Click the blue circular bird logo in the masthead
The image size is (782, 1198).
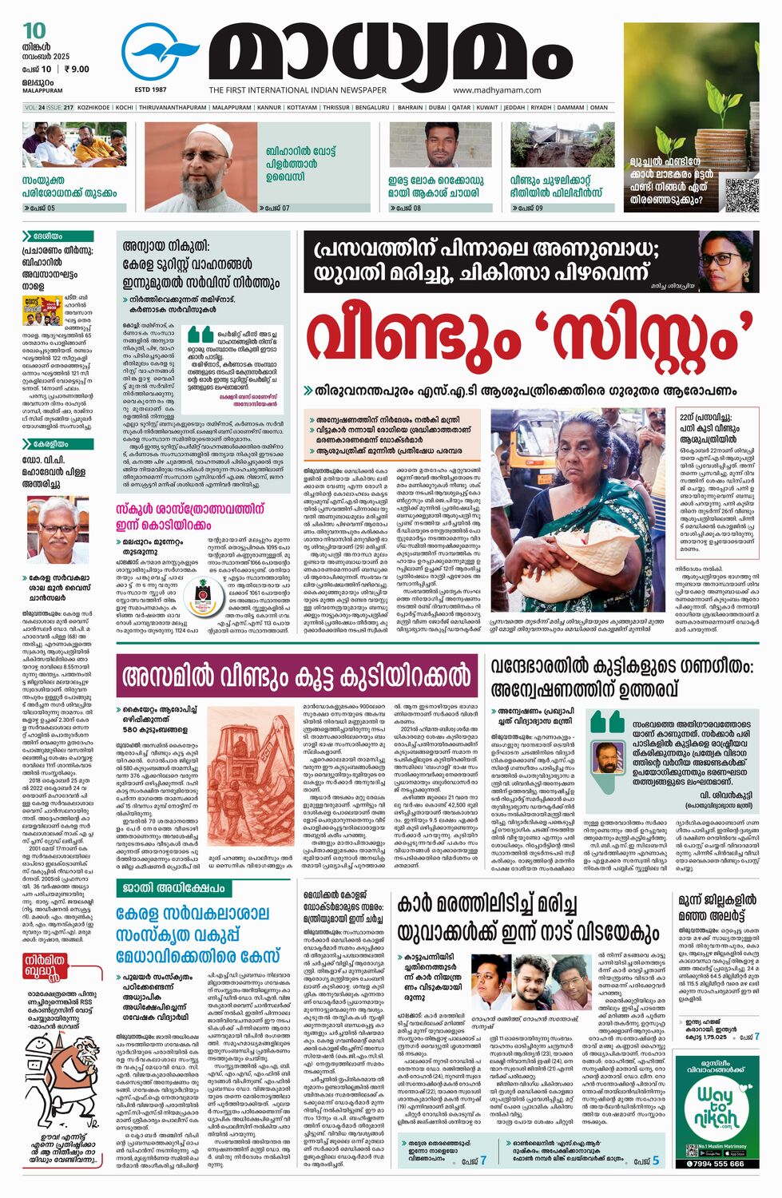click(x=160, y=53)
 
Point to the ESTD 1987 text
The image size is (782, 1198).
click(x=150, y=90)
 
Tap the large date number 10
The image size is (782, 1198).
click(x=34, y=31)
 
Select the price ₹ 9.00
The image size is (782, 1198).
click(x=77, y=69)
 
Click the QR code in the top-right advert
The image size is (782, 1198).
click(x=741, y=194)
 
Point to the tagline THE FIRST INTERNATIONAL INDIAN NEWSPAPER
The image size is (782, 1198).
click(x=297, y=90)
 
